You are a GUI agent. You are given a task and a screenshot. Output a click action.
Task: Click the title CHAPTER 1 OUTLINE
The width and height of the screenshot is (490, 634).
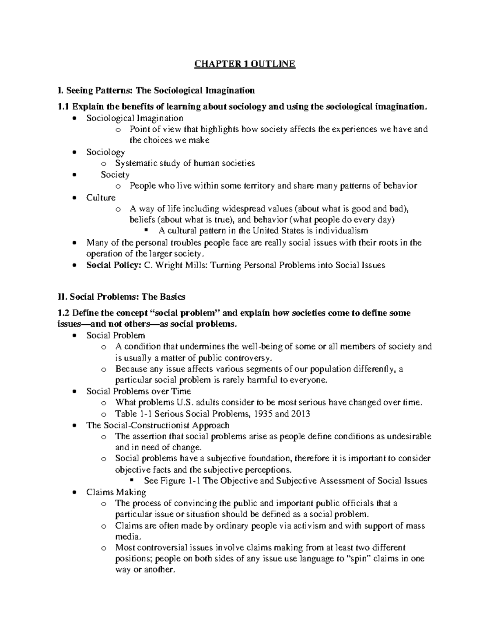point(245,64)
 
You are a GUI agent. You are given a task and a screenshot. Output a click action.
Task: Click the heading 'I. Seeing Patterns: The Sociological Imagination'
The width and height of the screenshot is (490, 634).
point(157,90)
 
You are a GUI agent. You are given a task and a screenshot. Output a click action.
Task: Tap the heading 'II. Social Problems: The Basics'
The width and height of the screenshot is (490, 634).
point(122,296)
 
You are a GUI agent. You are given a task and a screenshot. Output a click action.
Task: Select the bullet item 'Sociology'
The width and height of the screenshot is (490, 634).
point(105,152)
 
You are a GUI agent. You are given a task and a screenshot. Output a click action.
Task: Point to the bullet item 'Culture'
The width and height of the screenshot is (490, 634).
point(101,198)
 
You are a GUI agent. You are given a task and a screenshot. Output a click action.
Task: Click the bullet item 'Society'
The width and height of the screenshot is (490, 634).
point(115,175)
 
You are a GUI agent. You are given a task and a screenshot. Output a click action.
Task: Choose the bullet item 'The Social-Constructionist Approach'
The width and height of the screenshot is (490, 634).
point(158,425)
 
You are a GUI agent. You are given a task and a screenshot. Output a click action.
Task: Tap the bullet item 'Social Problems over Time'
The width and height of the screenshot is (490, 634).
point(138,391)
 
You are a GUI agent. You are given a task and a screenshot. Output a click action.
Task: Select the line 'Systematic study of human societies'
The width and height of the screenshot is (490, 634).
point(185,163)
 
